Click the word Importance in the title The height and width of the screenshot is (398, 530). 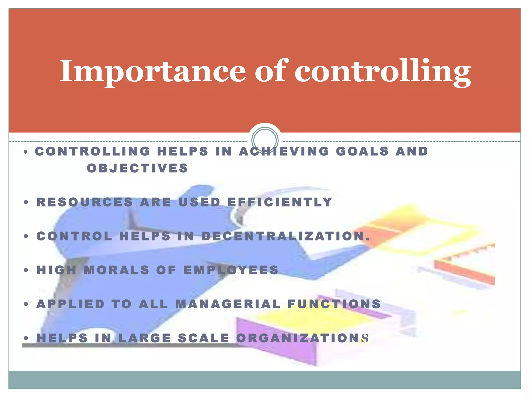coord(153,71)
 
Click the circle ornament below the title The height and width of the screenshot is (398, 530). coord(265,140)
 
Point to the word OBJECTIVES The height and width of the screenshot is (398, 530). coord(137,168)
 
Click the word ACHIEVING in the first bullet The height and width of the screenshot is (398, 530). coord(284,151)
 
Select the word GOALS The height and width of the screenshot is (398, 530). coord(362,151)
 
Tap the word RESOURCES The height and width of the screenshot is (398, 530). coord(85,202)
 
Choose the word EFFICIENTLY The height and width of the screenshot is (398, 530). coord(280,202)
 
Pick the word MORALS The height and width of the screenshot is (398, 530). coord(117,270)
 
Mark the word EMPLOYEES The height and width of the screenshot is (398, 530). coord(231,270)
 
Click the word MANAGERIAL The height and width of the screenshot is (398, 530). coord(228,304)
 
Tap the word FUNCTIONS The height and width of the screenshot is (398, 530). coord(334,304)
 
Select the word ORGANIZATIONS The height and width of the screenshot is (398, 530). coord(302,338)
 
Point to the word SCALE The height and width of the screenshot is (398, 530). coord(204,338)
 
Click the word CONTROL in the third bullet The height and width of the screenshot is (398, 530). coord(74,236)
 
